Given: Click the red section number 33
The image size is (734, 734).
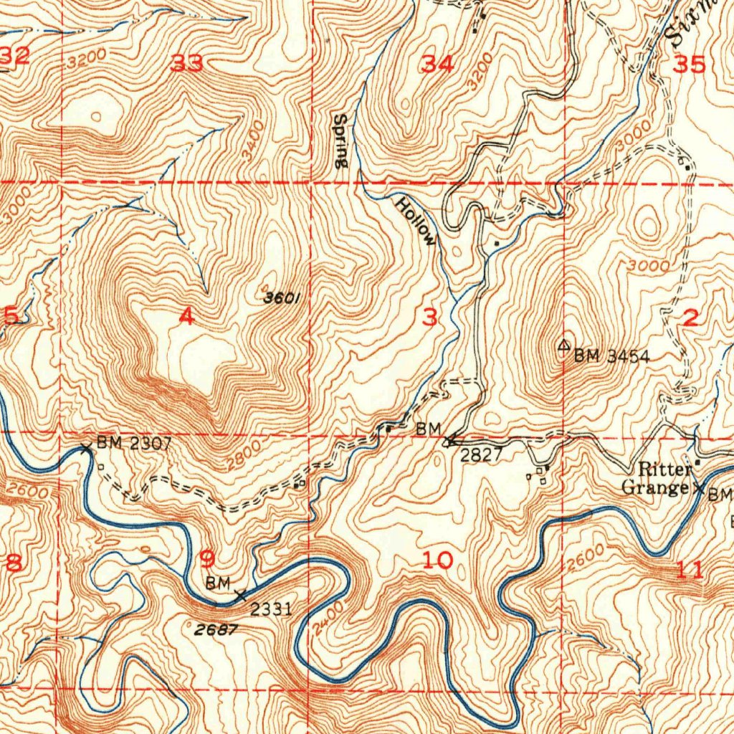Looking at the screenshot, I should [x=186, y=65].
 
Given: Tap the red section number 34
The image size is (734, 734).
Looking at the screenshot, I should [x=437, y=65].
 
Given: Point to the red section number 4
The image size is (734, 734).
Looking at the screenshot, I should [x=186, y=316].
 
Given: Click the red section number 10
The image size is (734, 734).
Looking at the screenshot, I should [x=437, y=561].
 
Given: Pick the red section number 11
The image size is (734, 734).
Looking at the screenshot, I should [x=690, y=571].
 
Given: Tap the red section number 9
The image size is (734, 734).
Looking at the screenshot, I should [x=207, y=558].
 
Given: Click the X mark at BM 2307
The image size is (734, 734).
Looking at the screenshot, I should [x=86, y=449].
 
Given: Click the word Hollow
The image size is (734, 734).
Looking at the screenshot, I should [x=416, y=221].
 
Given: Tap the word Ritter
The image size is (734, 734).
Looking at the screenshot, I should [x=665, y=470].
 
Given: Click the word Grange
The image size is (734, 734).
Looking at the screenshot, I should [x=655, y=488].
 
